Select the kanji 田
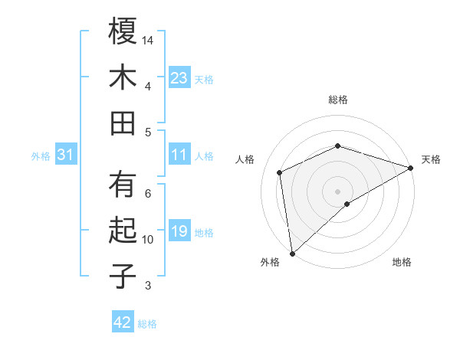pyautogui.click(x=123, y=123)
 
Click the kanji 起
pyautogui.click(x=123, y=231)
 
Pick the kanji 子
pyautogui.click(x=123, y=277)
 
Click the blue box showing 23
pyautogui.click(x=179, y=78)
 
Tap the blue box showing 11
pyautogui.click(x=179, y=155)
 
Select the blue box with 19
pyautogui.click(x=179, y=232)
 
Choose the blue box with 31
pyautogui.click(x=65, y=155)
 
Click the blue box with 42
pyautogui.click(x=123, y=322)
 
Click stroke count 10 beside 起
pyautogui.click(x=149, y=240)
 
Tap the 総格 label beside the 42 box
pyautogui.click(x=147, y=324)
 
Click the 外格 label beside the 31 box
pyautogui.click(x=41, y=156)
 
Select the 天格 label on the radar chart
pyautogui.click(x=431, y=159)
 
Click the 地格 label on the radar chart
pyautogui.click(x=402, y=263)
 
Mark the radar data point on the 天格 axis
pyautogui.click(x=410, y=168)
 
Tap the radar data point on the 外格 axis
pyautogui.click(x=292, y=253)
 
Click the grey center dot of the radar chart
pyautogui.click(x=337, y=191)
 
